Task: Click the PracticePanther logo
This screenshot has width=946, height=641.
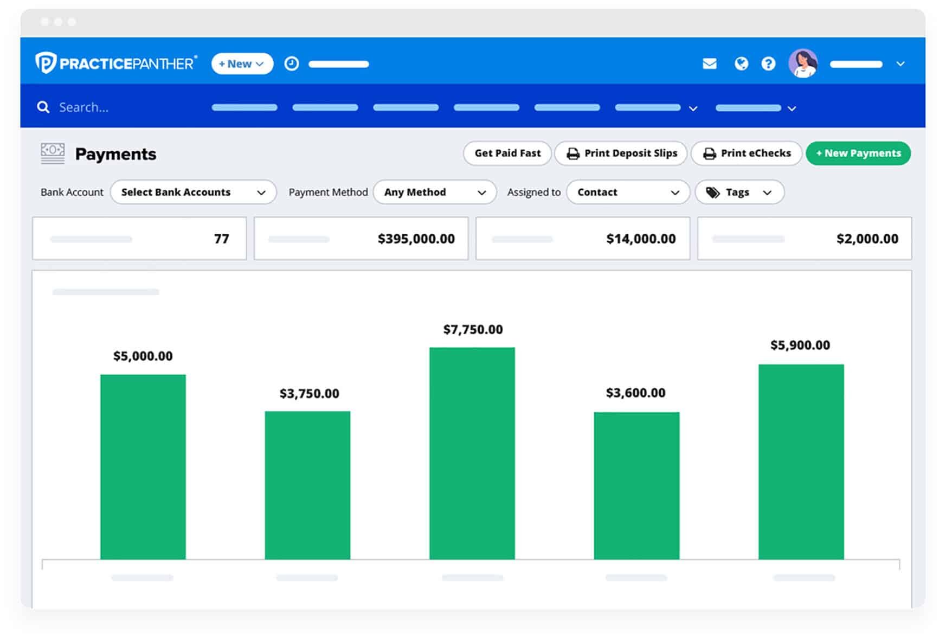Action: [116, 63]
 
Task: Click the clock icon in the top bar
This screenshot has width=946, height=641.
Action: [292, 64]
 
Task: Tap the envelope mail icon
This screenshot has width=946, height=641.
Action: [709, 64]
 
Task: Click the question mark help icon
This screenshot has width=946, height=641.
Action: [768, 64]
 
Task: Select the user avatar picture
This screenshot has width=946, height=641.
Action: [803, 63]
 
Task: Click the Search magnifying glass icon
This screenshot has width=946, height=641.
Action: [43, 107]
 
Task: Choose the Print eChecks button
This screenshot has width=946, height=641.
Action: [746, 153]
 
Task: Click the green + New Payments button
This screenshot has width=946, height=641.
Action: [858, 153]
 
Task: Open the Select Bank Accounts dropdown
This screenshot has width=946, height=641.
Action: [193, 193]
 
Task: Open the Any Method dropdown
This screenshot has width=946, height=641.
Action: [434, 193]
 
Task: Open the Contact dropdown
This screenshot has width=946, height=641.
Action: [627, 193]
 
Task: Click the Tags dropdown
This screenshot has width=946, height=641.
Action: [739, 193]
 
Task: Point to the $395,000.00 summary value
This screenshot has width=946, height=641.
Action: [416, 239]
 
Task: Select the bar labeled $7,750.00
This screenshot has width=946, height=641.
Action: [472, 453]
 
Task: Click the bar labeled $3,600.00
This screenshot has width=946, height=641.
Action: [636, 485]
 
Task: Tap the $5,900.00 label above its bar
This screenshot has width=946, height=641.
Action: [800, 345]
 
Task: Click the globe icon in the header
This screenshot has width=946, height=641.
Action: [741, 64]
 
